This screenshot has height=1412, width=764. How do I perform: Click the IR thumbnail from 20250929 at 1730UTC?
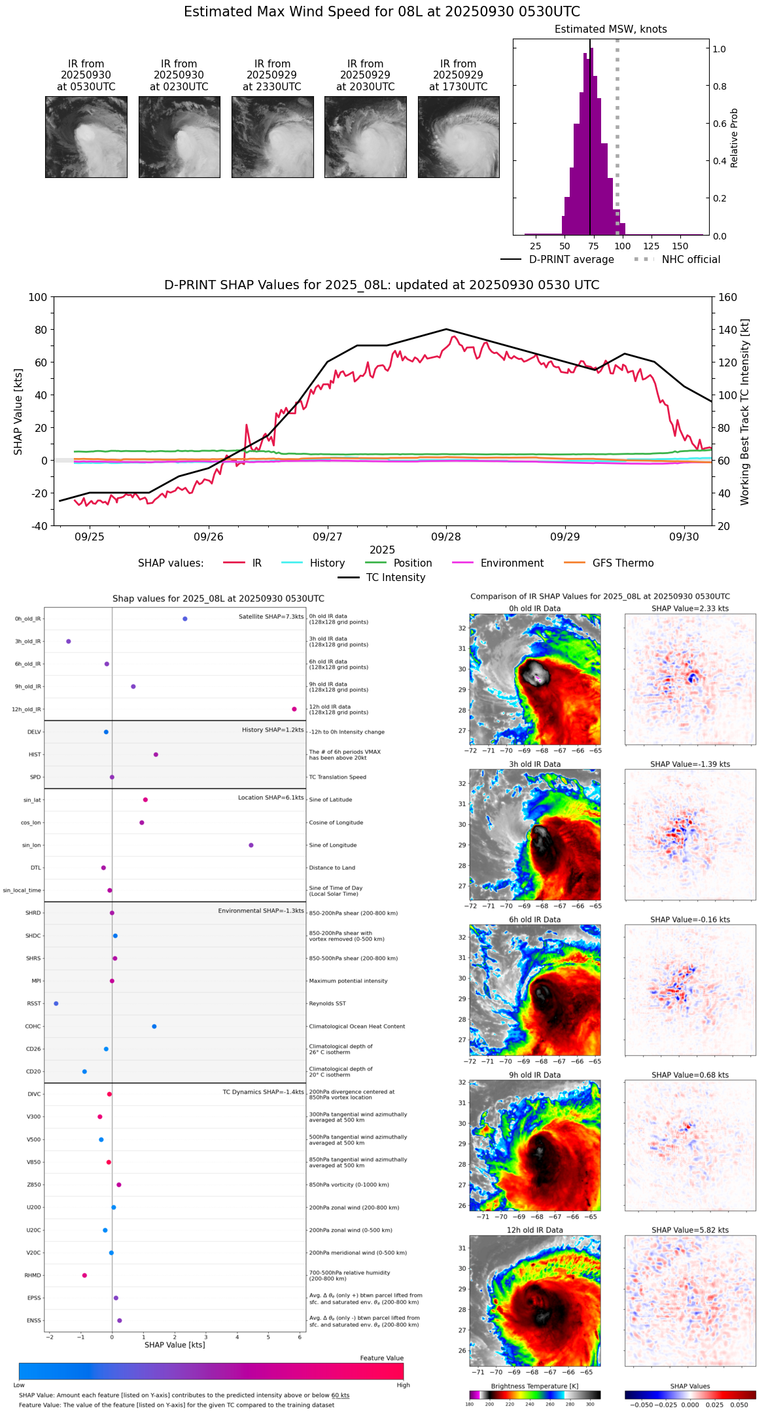pyautogui.click(x=459, y=137)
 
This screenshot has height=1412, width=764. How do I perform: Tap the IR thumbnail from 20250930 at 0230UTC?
pyautogui.click(x=179, y=137)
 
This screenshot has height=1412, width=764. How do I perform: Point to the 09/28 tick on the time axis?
pyautogui.click(x=446, y=537)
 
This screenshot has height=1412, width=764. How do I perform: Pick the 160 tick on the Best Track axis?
pyautogui.click(x=727, y=298)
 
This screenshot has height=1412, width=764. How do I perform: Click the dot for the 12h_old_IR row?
pyautogui.click(x=294, y=709)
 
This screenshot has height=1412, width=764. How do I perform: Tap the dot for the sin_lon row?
pyautogui.click(x=251, y=845)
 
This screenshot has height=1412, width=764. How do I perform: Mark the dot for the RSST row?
pyautogui.click(x=56, y=1004)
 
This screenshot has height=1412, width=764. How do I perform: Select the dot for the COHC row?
pyautogui.click(x=154, y=1027)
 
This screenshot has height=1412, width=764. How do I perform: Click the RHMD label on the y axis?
pyautogui.click(x=33, y=1275)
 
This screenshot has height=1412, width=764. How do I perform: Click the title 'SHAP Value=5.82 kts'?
pyautogui.click(x=690, y=1230)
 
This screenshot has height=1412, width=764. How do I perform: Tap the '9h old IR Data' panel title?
pyautogui.click(x=534, y=1075)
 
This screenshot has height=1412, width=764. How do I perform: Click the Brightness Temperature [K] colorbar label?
pyautogui.click(x=534, y=1386)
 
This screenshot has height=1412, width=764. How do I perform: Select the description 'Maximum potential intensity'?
pyautogui.click(x=348, y=981)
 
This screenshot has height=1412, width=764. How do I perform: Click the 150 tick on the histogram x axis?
pyautogui.click(x=680, y=247)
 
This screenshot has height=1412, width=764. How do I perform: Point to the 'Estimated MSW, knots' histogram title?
pyautogui.click(x=611, y=29)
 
